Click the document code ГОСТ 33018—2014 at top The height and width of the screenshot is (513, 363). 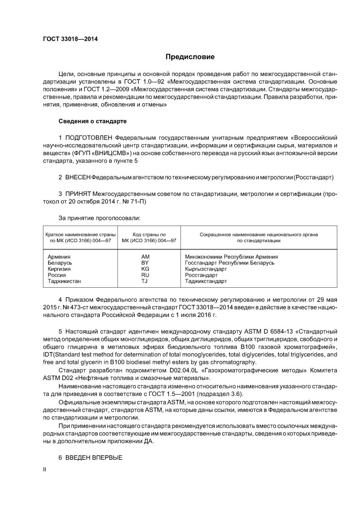(70, 39)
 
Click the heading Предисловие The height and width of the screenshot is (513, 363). (190, 57)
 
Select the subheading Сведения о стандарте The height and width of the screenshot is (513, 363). (92, 121)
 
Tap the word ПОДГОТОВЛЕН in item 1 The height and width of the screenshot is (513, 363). (89, 138)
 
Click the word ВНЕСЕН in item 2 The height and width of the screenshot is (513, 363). (78, 177)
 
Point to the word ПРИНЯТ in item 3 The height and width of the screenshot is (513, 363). (78, 194)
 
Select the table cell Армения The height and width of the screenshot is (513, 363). (59, 257)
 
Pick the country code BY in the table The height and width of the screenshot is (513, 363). (145, 263)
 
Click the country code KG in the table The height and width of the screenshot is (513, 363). (145, 269)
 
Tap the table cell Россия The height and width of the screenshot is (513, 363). (57, 275)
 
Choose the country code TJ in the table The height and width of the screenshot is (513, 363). (145, 281)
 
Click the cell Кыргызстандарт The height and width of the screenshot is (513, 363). (206, 269)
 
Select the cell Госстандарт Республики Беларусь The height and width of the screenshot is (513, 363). (229, 263)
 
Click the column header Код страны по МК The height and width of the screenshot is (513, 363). (149, 238)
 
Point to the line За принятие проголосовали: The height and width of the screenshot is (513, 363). (99, 218)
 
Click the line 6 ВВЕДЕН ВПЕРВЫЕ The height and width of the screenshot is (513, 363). (91, 458)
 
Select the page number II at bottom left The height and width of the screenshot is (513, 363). (44, 469)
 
